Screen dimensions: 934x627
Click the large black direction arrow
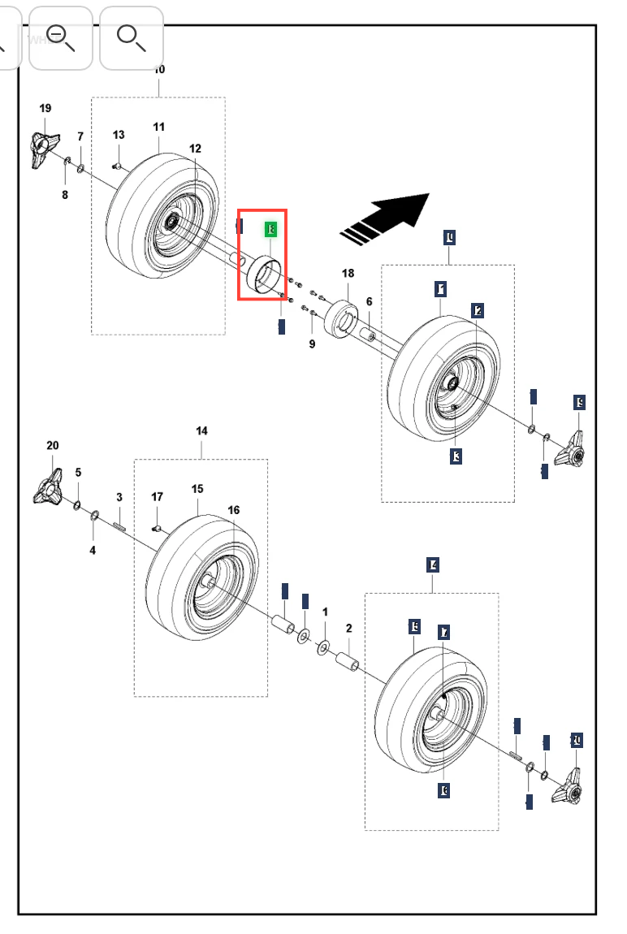click(x=394, y=216)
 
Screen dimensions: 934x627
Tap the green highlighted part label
click(x=271, y=230)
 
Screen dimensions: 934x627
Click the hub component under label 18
click(x=342, y=321)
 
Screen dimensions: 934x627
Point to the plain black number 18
click(x=348, y=274)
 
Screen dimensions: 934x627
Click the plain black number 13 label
click(x=119, y=135)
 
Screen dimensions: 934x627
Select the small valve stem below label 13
click(x=117, y=166)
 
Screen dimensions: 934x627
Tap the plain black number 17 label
click(x=157, y=497)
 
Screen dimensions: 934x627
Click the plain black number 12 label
click(x=195, y=149)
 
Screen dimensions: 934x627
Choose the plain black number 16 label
click(x=234, y=510)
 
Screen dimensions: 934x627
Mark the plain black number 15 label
click(x=197, y=489)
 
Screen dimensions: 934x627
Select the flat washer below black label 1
click(x=322, y=646)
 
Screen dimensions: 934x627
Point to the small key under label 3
click(x=119, y=528)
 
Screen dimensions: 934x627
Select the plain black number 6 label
click(x=369, y=301)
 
